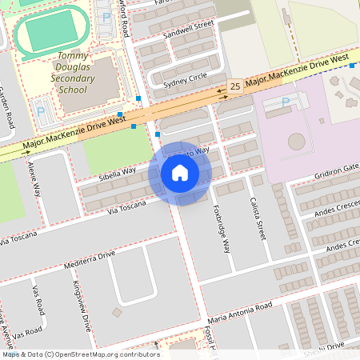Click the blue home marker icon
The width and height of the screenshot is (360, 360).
pos(180,173)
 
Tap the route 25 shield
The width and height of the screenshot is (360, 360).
pos(235,86)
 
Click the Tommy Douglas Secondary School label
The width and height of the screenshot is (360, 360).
pos(73,73)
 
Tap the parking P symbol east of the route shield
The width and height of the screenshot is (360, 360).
pos(286,102)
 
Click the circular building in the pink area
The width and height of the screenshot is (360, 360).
pos(297,142)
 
